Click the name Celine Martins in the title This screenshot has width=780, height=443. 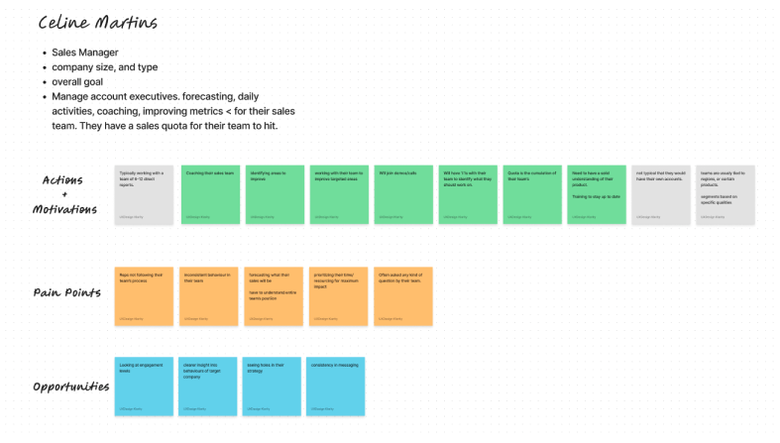[x=97, y=23]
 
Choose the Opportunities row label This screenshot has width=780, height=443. [x=70, y=386]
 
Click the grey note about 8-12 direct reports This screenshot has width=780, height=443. [x=145, y=194]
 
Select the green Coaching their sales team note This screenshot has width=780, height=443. [x=209, y=194]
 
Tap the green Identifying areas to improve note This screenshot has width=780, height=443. [x=274, y=194]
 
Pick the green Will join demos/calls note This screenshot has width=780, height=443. [x=402, y=194]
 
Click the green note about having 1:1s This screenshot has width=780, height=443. [x=467, y=194]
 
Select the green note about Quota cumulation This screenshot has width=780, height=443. [x=532, y=194]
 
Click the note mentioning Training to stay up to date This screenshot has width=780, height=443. [x=597, y=194]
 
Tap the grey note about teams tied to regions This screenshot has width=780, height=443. [x=725, y=194]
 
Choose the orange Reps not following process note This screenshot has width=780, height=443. [x=145, y=295]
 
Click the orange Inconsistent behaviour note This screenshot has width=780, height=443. [x=209, y=295]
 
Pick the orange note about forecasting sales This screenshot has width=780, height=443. [x=274, y=295]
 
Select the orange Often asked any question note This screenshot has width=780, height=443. [x=402, y=295]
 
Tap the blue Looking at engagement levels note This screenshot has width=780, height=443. [x=145, y=386]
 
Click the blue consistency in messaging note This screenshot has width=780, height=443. [x=336, y=386]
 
